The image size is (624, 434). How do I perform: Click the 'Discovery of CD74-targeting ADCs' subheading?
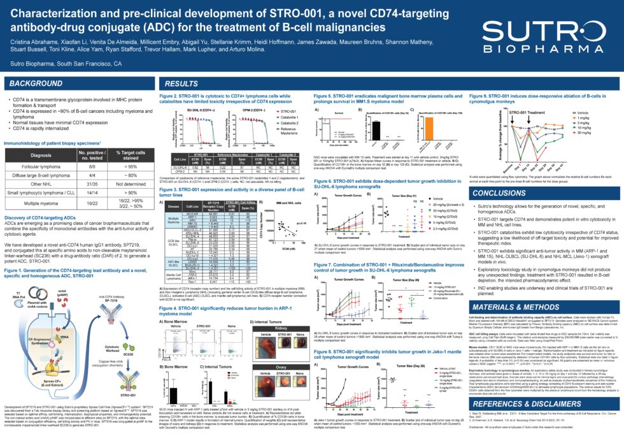[40, 235]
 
